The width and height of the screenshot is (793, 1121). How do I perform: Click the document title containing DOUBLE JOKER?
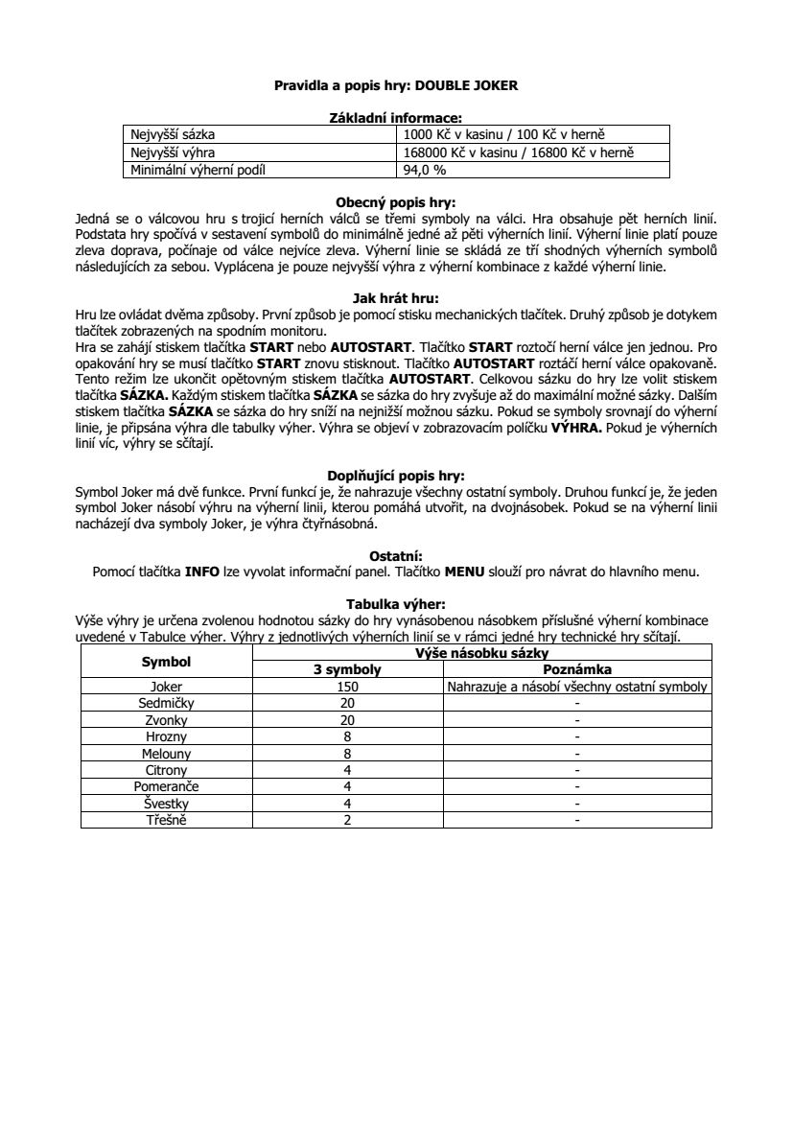396,85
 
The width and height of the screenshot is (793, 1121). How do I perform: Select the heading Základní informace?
396,118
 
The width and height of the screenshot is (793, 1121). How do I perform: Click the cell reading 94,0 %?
425,171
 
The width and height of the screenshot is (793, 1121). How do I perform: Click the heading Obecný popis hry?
396,202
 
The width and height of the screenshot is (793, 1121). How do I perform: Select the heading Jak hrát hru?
396,297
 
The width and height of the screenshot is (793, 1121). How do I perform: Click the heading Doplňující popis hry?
396,475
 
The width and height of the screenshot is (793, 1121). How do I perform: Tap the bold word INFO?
202,572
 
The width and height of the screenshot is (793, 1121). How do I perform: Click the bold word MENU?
465,572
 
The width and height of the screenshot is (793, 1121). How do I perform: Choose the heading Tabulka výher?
396,604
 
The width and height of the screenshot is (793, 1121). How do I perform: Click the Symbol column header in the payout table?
166,662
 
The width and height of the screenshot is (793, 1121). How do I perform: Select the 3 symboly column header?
347,670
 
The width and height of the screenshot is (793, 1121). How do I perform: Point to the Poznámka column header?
577,670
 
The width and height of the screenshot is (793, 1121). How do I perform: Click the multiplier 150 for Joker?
347,687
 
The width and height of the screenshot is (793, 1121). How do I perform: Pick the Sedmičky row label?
166,703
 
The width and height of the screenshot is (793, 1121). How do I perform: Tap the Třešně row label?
166,820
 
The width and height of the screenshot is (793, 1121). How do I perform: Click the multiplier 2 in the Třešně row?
347,820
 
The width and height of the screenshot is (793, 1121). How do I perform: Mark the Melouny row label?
166,754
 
